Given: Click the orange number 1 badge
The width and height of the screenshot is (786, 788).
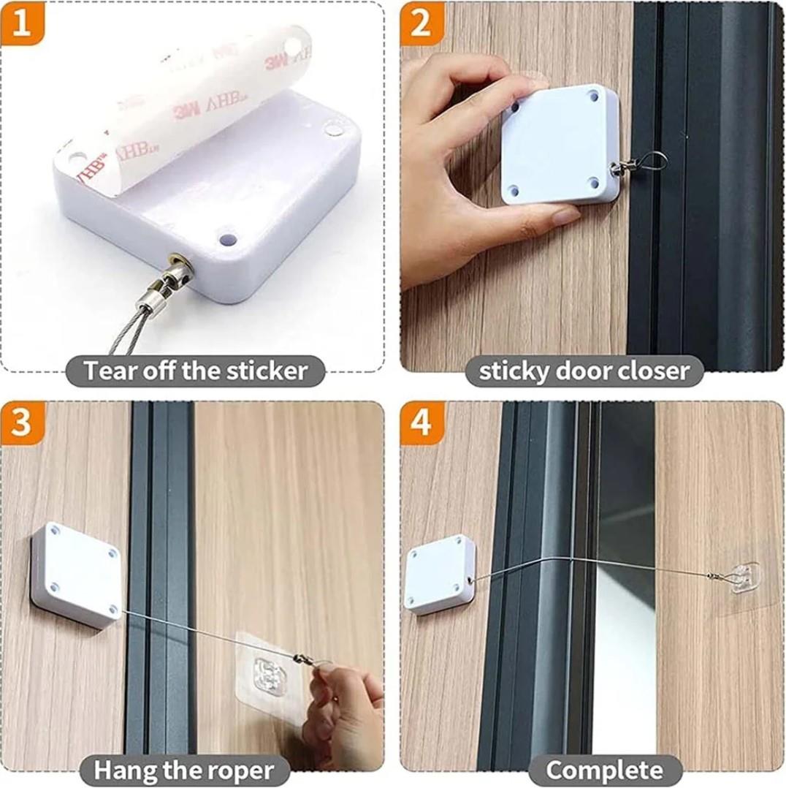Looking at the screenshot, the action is (22, 22).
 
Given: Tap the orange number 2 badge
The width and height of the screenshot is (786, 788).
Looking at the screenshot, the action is (421, 22).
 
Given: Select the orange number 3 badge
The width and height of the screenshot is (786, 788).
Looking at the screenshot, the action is (22, 423).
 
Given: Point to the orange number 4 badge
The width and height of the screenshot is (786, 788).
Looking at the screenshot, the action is (421, 423).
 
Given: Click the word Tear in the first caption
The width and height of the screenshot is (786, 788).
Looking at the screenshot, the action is (110, 371).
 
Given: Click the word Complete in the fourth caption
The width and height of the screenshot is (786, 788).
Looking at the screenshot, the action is (604, 770).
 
